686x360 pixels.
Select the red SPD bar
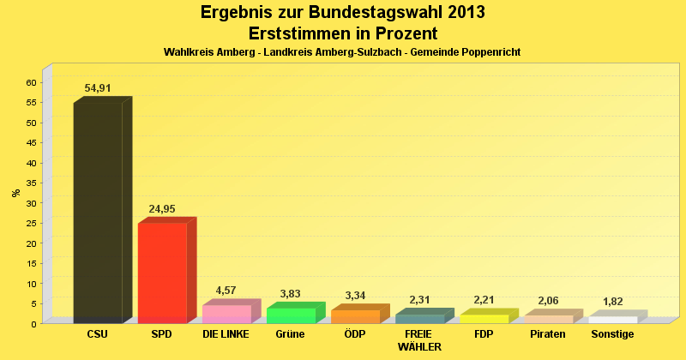tap(162, 273)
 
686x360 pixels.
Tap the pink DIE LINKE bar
tap(226, 314)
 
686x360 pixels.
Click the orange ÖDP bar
tap(355, 316)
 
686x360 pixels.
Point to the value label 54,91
tap(98, 88)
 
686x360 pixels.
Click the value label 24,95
tap(163, 209)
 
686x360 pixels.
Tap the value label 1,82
tap(612, 302)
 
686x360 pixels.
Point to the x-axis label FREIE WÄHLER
tap(419, 340)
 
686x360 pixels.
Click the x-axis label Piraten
tap(548, 334)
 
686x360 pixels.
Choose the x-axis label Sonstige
tap(612, 334)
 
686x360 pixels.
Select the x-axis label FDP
tap(484, 334)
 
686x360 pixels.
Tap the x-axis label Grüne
tap(291, 334)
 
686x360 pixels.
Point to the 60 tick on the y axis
tap(31, 82)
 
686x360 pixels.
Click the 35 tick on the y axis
tap(31, 183)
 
